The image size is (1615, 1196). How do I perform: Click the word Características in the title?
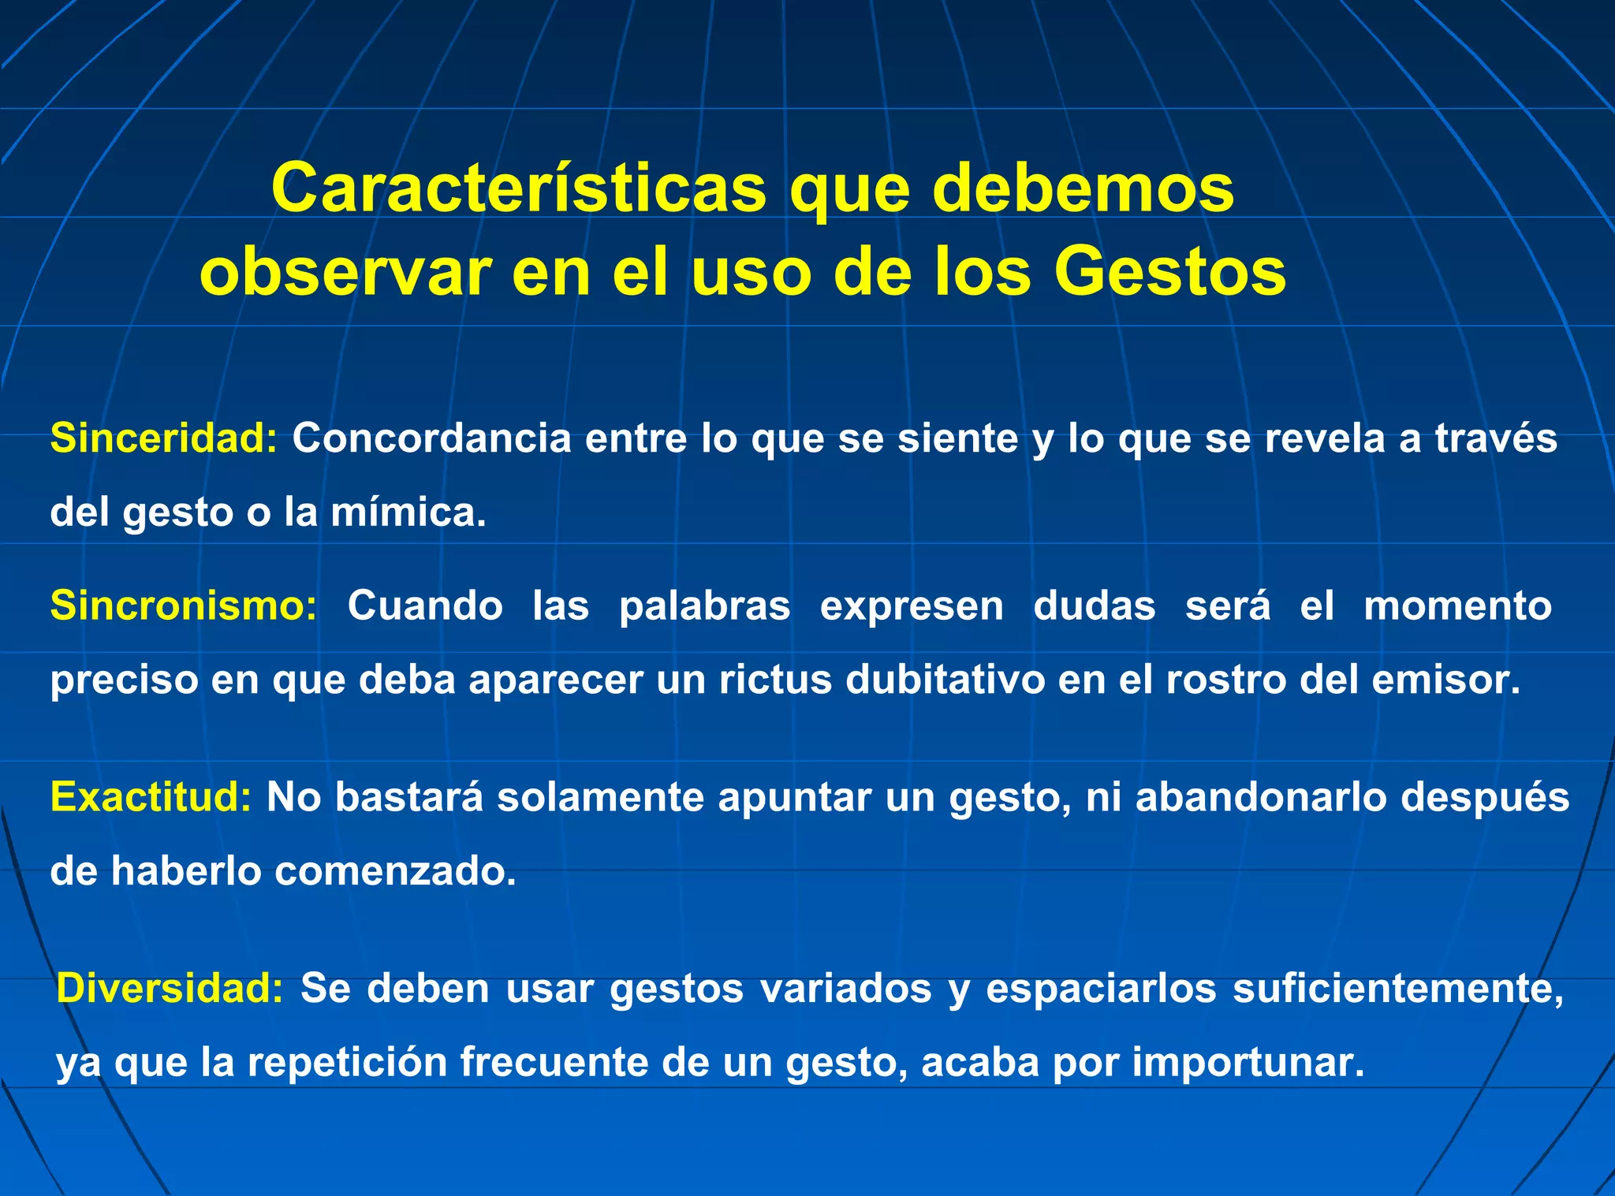pos(518,188)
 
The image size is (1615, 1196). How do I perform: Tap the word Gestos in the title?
pos(1169,272)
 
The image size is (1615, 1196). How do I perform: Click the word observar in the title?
pos(346,272)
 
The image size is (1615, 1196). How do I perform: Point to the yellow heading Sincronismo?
pos(184,606)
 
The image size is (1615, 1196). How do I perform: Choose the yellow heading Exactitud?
pos(151,797)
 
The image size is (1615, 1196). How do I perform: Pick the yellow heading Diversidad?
pos(170,988)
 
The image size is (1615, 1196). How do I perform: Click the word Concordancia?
pos(431,438)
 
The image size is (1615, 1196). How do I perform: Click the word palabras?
pos(704,606)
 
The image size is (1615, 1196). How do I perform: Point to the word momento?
pos(1457,606)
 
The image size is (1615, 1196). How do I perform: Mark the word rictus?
pos(775,680)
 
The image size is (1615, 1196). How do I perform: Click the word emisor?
pos(1445,680)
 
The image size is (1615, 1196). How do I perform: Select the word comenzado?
pos(394,872)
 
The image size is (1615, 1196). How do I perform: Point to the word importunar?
pos(1248,1062)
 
